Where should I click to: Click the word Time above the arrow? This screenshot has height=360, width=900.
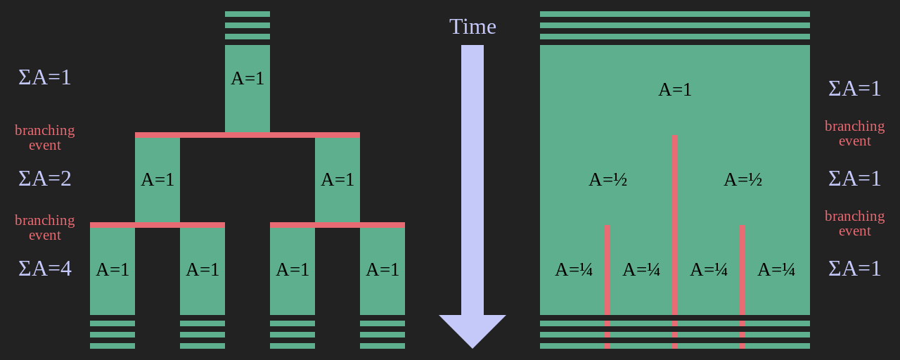tap(472, 27)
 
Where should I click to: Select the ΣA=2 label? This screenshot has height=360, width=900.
tap(45, 179)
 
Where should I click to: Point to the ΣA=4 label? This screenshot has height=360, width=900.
tap(45, 269)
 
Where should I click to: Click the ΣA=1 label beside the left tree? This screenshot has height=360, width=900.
tap(45, 77)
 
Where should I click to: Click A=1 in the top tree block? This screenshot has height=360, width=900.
tap(247, 78)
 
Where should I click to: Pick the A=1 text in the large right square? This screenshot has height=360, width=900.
tap(675, 90)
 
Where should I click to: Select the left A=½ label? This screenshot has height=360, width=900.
tap(607, 180)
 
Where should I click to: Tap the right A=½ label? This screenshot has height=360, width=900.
tap(742, 180)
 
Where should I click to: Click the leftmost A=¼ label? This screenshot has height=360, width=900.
tap(574, 270)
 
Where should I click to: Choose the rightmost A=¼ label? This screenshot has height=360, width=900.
tap(776, 270)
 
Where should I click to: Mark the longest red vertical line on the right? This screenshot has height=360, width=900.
tap(675, 239)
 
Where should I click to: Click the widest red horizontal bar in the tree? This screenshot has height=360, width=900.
tap(247, 135)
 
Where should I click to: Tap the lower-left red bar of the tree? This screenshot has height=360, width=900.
tap(157, 225)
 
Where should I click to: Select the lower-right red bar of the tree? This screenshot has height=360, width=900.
tap(337, 225)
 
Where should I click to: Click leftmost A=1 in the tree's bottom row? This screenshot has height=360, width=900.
tap(112, 269)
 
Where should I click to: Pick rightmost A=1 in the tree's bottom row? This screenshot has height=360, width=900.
tap(382, 269)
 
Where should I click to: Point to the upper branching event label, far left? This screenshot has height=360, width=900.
tap(45, 138)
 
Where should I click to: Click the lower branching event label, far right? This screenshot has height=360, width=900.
tap(855, 224)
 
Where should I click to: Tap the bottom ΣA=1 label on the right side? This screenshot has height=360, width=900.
tap(855, 269)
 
